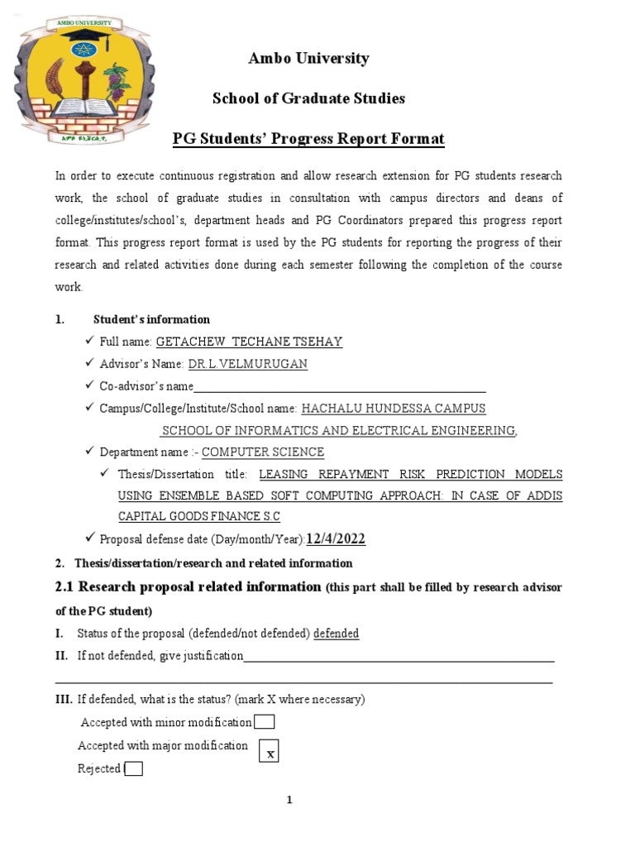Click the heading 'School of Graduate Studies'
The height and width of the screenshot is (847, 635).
point(308,98)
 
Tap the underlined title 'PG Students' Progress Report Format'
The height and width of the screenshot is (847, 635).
point(308,139)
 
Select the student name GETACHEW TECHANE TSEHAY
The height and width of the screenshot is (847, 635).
point(249,342)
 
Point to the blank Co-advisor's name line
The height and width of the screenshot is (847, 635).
point(339,387)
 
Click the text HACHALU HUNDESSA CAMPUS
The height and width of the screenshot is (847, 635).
point(394,409)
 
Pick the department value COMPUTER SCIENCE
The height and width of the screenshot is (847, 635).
point(263,452)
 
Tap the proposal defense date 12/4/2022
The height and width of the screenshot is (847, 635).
point(336,539)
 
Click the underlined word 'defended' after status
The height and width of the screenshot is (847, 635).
point(336,634)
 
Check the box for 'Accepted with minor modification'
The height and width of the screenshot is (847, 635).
point(265,722)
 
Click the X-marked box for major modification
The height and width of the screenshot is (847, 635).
point(270,751)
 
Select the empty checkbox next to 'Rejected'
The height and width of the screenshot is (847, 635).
point(133,769)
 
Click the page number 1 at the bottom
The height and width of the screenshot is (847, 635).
point(289,800)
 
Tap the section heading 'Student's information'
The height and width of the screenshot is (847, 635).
point(151,319)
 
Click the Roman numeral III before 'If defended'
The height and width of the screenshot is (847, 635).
point(64,700)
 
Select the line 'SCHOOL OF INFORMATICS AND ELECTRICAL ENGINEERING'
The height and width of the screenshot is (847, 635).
point(339,431)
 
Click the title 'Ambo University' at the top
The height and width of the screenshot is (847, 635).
point(308,59)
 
